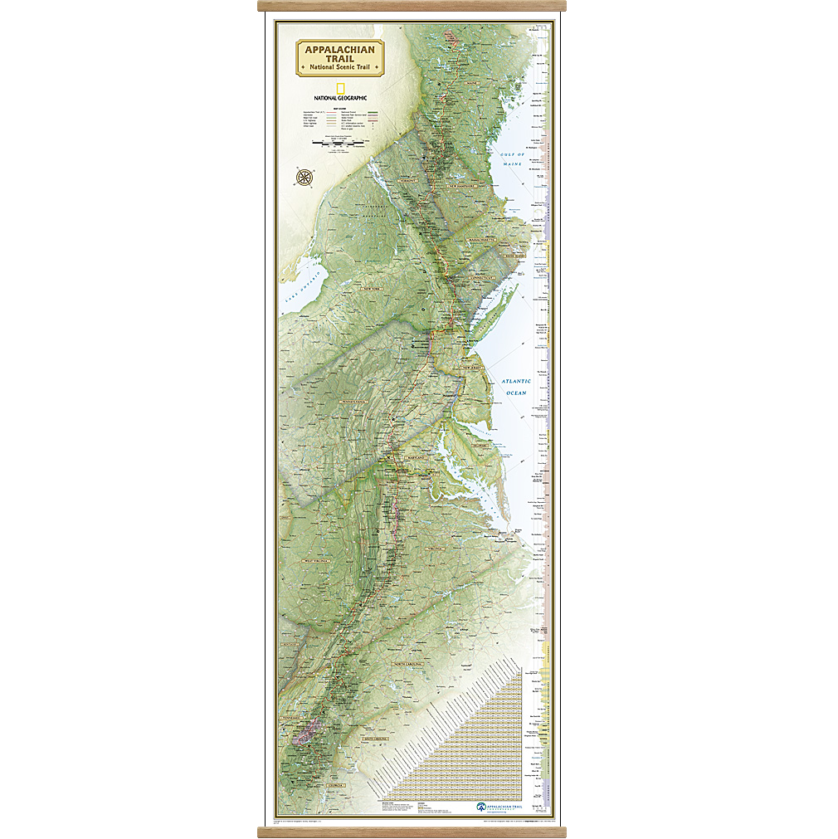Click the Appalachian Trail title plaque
[x=340, y=57]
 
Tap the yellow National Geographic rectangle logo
[x=340, y=88]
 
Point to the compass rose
[x=305, y=177]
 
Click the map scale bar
[x=340, y=143]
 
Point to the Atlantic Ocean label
[x=515, y=387]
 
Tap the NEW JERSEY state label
[x=472, y=367]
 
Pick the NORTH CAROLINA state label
[x=407, y=664]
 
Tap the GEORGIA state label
[x=335, y=783]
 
